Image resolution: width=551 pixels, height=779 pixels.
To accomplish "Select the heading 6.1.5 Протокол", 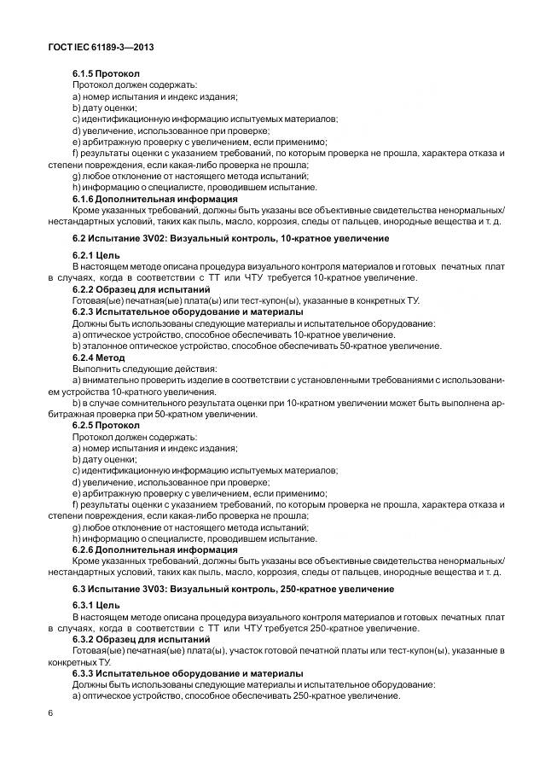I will point(106,74).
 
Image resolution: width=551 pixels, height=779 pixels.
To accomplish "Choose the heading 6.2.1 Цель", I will point(96,256).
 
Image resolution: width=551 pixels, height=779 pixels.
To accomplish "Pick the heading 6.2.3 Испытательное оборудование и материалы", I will point(188,312).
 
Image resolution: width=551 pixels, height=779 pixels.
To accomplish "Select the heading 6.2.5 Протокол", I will point(106,425).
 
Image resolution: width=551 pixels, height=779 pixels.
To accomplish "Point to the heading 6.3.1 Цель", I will point(96,607).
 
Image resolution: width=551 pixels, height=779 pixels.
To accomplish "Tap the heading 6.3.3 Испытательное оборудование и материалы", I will point(188,674).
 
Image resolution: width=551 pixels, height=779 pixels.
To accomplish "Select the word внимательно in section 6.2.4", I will point(112,380).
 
